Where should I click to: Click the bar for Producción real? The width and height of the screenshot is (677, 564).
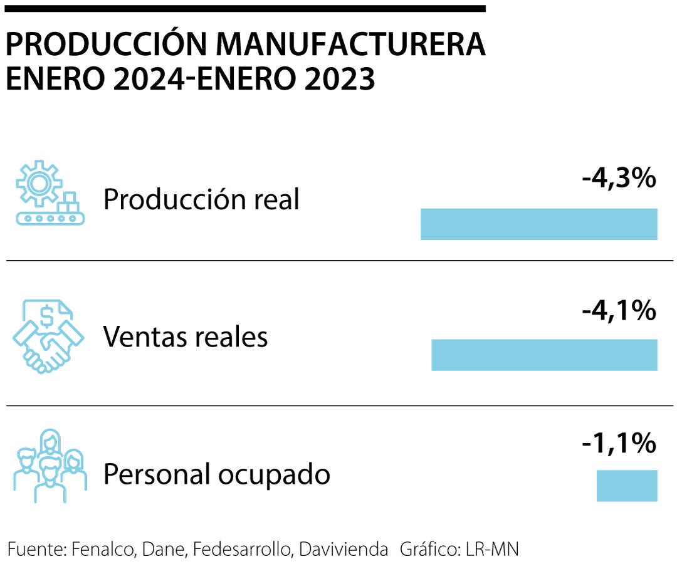pos(538,224)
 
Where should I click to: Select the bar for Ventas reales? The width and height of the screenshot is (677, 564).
pos(544,355)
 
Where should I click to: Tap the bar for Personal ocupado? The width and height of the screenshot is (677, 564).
pos(626,486)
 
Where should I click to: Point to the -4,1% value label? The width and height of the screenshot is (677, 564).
pos(619,311)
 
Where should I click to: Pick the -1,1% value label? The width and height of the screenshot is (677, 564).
pos(619,444)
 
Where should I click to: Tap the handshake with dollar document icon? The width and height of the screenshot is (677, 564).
pos(48,337)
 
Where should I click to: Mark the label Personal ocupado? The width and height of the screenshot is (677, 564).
pos(216,474)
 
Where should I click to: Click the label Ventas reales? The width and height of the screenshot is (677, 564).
pos(186,337)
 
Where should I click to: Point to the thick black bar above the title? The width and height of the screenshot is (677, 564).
pos(245,9)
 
